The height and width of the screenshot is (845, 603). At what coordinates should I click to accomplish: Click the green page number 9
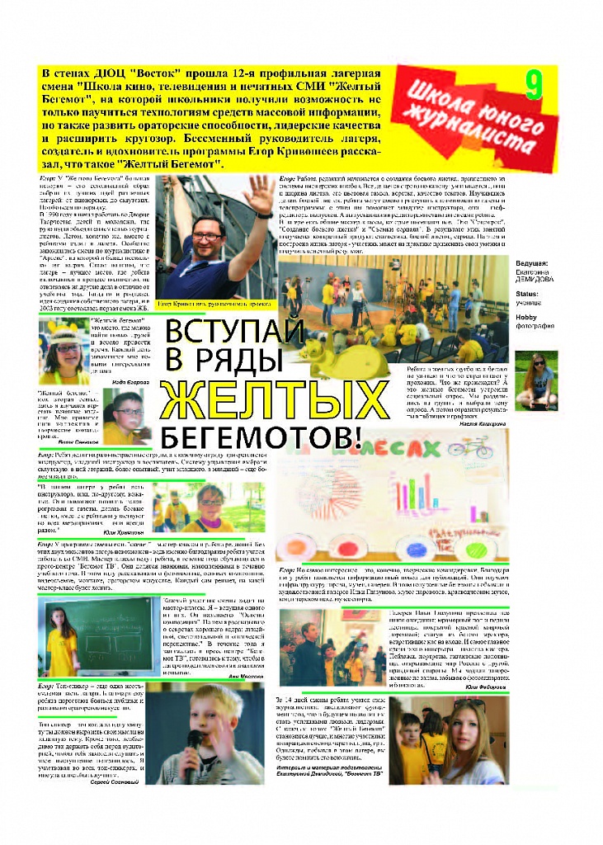pos(534,85)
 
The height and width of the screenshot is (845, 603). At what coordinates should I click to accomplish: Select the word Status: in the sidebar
pos(527,293)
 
